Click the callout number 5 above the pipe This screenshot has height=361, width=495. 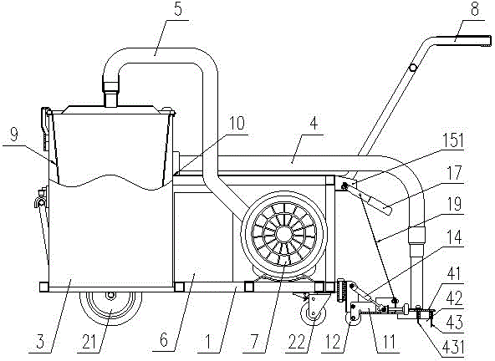178,9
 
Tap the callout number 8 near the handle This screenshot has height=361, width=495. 474,9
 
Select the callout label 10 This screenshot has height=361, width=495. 237,123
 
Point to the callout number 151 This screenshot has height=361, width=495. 453,140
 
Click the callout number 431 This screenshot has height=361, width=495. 453,347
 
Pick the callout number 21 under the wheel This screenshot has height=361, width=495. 90,343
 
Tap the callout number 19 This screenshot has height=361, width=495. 455,204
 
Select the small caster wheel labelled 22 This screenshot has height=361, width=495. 314,314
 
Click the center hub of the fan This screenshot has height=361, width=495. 285,234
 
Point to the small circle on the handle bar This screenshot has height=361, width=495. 412,68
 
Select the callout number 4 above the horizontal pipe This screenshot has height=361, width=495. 314,124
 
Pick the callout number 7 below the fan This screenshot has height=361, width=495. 256,343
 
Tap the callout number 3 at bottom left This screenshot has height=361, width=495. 41,343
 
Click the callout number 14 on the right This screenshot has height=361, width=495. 455,237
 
